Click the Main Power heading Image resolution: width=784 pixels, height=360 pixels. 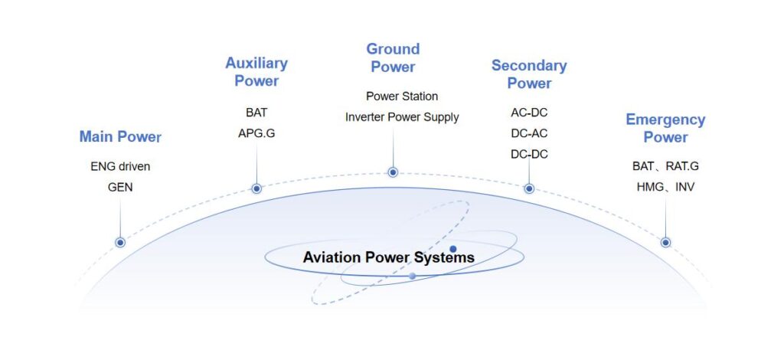click(120, 136)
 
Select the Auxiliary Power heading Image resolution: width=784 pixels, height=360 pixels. click(256, 72)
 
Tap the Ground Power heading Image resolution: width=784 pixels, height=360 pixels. click(393, 58)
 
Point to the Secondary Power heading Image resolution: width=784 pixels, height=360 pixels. click(529, 74)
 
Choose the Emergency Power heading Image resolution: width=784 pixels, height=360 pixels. click(665, 128)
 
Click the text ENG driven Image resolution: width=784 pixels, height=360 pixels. click(120, 166)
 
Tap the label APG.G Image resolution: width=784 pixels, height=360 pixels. click(256, 133)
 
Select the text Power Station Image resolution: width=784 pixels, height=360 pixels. click(402, 96)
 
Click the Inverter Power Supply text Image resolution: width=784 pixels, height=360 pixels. click(402, 117)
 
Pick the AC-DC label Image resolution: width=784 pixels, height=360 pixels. click(529, 113)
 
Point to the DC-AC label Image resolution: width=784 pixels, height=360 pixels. click(529, 133)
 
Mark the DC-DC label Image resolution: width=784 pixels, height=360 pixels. click(529, 155)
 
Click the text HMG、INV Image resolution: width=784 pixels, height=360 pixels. click(665, 188)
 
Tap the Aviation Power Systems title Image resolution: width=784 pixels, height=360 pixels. click(388, 257)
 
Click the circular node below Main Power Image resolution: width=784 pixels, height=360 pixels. click(120, 243)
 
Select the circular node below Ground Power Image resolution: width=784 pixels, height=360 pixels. click(393, 172)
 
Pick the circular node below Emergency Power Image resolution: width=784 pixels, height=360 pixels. click(665, 243)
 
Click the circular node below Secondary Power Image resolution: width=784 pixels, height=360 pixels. click(529, 188)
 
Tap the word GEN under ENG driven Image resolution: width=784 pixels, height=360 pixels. click(120, 188)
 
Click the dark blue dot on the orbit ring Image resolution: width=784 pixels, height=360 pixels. click(453, 249)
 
